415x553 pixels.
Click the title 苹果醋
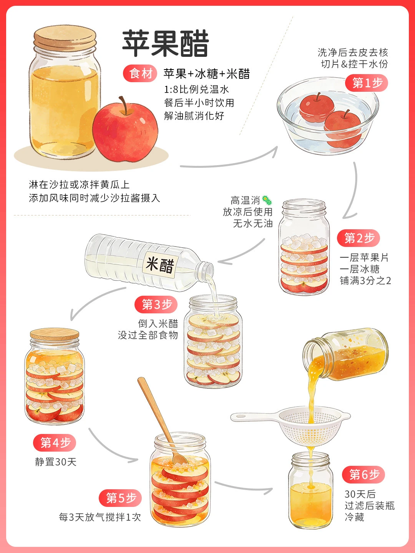pos(166,43)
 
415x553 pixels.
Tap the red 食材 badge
pos(140,74)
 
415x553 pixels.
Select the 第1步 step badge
pos(366,83)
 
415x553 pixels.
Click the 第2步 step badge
pos(359,238)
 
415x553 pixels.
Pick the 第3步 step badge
pos(156,304)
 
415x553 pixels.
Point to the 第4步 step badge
pos(55,443)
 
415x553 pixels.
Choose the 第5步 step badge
pos(120,498)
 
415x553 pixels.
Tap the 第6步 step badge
pos(364,475)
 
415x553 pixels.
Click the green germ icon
pos(267,200)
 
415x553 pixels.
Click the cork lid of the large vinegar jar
pos(65,37)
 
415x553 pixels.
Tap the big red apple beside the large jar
pos(125,130)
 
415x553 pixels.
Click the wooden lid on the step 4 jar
pos(55,334)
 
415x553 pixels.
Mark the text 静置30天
pos(56,462)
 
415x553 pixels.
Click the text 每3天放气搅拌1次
pos(100,517)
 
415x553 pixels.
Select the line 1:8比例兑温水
pos(196,89)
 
